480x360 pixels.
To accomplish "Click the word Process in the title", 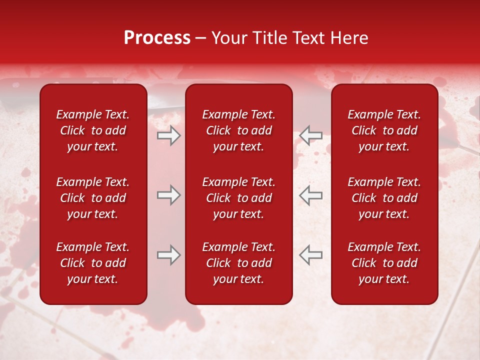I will pyautogui.click(x=157, y=38).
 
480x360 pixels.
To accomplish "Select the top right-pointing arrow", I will pyautogui.click(x=168, y=135).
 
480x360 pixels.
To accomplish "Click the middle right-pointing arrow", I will pyautogui.click(x=168, y=195).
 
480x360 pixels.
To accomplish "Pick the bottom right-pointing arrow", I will pyautogui.click(x=168, y=255).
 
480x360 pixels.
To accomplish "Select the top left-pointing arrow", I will pyautogui.click(x=310, y=135).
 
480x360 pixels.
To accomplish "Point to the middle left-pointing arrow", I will pyautogui.click(x=310, y=195).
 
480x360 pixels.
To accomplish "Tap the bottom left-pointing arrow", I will pyautogui.click(x=310, y=255).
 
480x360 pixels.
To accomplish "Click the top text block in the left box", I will pyautogui.click(x=93, y=130).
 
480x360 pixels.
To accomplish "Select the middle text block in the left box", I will pyautogui.click(x=93, y=198).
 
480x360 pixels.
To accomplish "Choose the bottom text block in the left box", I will pyautogui.click(x=93, y=263).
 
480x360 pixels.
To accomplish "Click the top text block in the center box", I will pyautogui.click(x=239, y=130).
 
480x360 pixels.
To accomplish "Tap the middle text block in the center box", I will pyautogui.click(x=239, y=198).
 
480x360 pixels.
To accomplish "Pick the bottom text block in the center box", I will pyautogui.click(x=239, y=263).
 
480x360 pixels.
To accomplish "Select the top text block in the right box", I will pyautogui.click(x=384, y=130).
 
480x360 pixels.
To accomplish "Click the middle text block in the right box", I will pyautogui.click(x=384, y=198).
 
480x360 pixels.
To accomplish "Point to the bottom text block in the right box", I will pyautogui.click(x=384, y=263).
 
